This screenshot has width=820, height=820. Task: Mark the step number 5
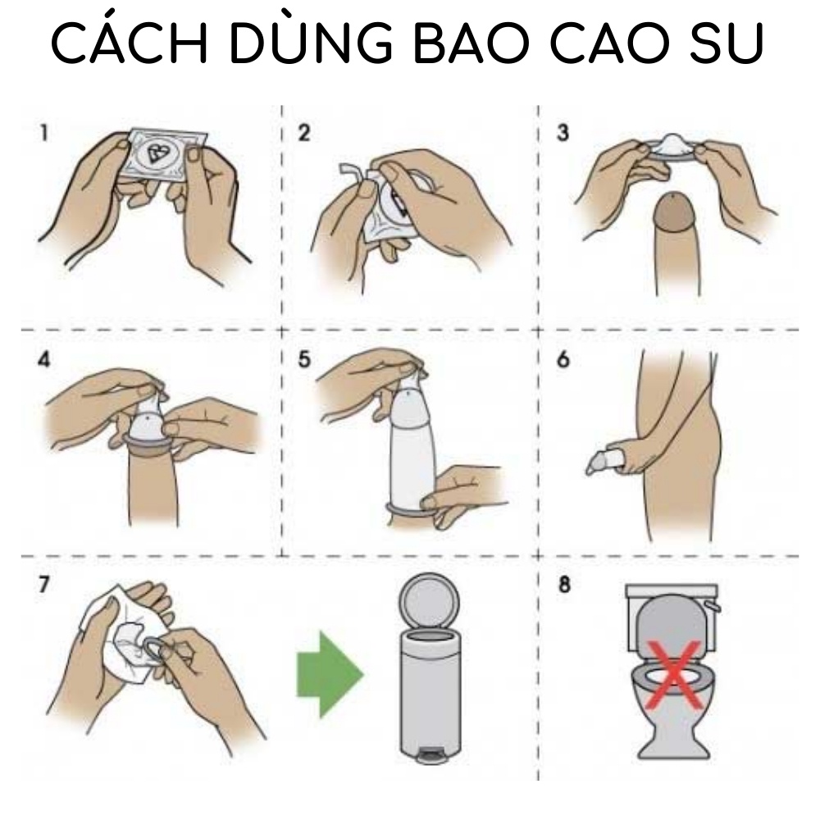tap(304, 360)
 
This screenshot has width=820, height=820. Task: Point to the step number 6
tap(563, 360)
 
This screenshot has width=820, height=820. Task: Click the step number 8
tap(563, 587)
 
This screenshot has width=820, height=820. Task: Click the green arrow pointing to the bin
tap(328, 674)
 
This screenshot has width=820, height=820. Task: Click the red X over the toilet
tap(674, 675)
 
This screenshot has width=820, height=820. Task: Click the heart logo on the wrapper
tap(159, 153)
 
